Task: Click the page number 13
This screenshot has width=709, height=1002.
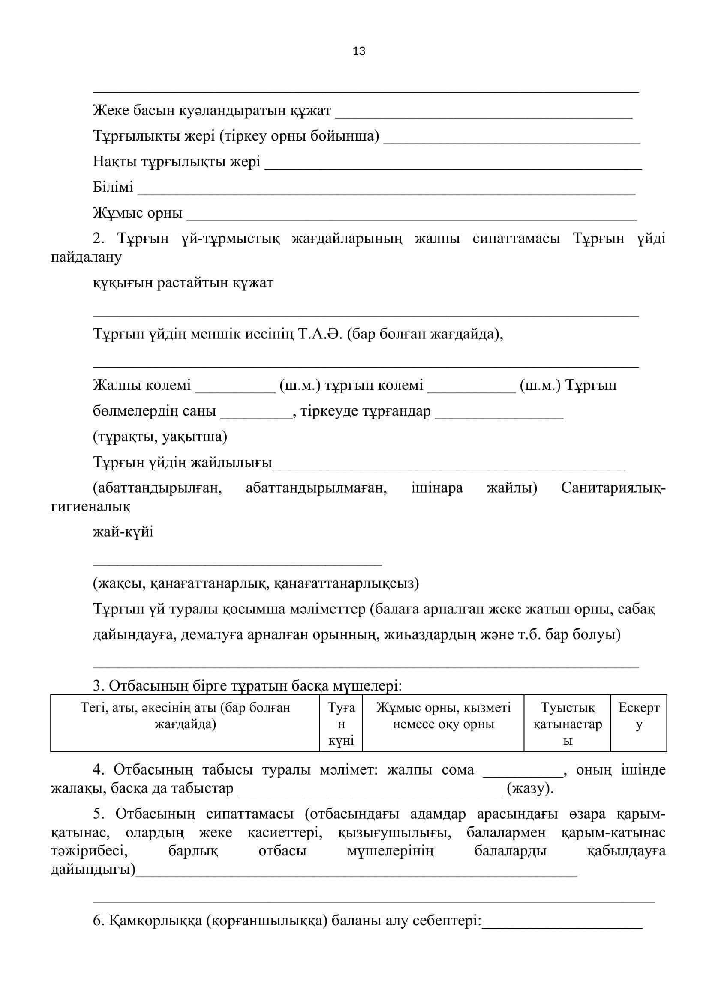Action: [x=359, y=51]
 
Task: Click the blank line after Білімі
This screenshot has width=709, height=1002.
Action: [x=386, y=192]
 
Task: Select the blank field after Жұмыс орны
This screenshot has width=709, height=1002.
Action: [x=411, y=218]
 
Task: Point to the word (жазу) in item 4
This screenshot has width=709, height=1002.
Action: [x=529, y=789]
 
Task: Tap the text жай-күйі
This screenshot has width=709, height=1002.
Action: [x=123, y=532]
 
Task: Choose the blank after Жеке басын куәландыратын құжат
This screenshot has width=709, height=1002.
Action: [x=484, y=115]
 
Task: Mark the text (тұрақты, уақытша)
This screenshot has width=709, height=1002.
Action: [x=160, y=437]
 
